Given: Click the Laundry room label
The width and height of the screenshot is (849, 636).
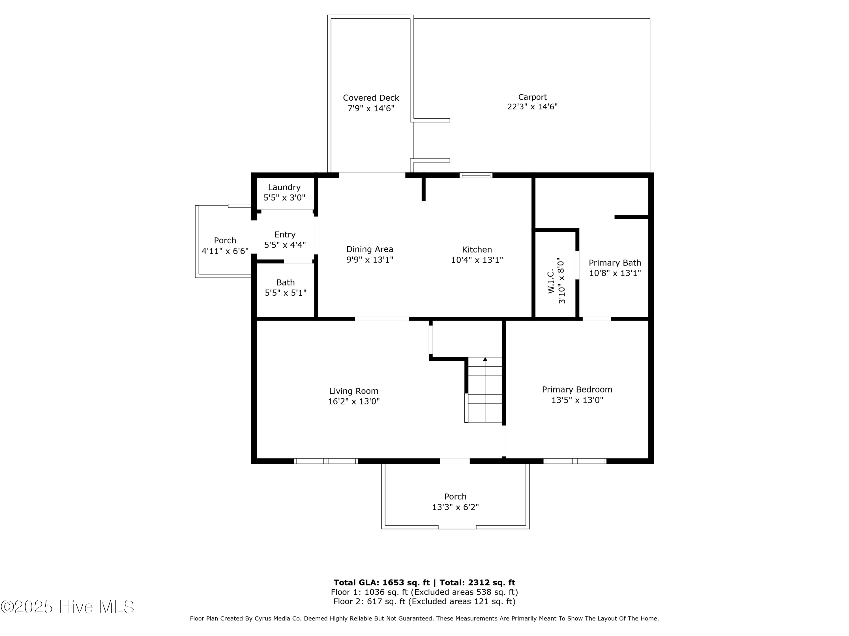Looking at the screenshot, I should [x=284, y=187].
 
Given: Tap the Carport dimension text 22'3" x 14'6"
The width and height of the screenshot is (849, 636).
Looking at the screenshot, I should [x=532, y=107].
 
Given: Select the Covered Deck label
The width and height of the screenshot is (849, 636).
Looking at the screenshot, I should [x=371, y=98].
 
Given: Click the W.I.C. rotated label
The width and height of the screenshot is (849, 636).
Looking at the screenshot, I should [x=551, y=281].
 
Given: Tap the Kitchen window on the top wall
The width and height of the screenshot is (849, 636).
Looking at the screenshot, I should [x=476, y=176].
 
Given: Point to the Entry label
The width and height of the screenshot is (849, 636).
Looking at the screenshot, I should [x=285, y=235].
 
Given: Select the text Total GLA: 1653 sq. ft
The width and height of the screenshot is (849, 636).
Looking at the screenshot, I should [x=381, y=583].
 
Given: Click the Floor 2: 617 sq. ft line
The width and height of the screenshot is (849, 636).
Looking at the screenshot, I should [x=424, y=602].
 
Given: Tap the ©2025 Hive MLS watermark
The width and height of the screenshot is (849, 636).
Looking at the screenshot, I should [x=67, y=607].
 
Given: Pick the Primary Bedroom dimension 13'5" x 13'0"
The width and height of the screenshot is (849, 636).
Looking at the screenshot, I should [x=577, y=400].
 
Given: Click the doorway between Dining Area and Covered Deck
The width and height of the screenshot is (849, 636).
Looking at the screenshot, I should [x=372, y=176].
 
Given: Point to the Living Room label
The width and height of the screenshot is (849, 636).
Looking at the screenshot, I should [x=353, y=391].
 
